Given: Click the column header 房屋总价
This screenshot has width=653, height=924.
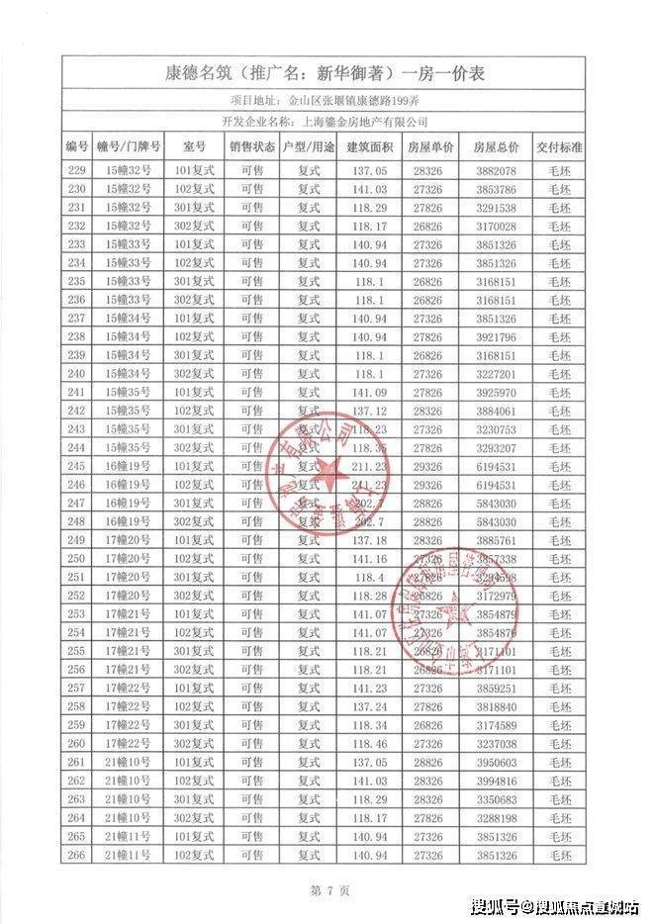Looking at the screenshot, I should (x=496, y=146).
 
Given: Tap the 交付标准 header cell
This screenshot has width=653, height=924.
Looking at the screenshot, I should (x=559, y=146).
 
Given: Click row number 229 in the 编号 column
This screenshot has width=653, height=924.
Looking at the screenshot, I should (x=77, y=170).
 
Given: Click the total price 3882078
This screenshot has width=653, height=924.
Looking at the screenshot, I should (x=496, y=170).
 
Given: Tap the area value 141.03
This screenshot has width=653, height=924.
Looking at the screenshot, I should (x=367, y=188).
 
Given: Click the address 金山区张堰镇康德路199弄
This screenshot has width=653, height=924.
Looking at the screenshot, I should (x=357, y=100).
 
